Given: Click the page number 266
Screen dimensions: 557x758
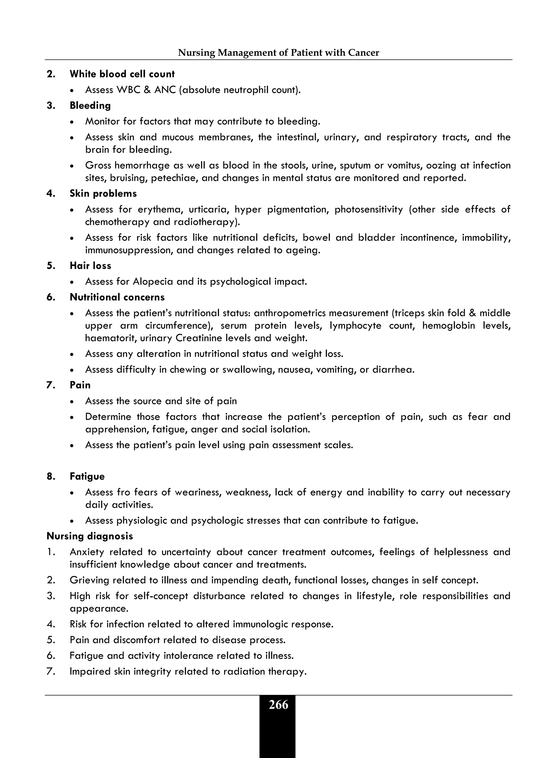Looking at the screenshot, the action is coord(278,705).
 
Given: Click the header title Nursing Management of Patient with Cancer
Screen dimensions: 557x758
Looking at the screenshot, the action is coord(278,52).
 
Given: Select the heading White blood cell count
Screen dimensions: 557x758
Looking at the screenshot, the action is coord(122,74).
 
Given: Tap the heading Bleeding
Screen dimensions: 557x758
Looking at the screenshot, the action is coord(90,105).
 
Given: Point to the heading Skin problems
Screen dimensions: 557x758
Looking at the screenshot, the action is coord(103,194).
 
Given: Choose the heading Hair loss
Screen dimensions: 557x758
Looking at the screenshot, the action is coord(90,266).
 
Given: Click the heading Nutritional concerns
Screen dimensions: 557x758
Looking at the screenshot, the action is coord(117,297).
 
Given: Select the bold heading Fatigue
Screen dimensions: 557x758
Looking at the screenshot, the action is coord(87,476).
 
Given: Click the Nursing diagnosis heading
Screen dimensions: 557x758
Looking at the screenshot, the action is coord(90,536).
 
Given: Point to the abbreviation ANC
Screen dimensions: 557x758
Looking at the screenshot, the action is coord(165,90).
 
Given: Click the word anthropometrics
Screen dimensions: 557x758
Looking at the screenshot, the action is coord(290,313).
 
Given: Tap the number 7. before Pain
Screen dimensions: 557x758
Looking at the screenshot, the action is coord(51,385).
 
